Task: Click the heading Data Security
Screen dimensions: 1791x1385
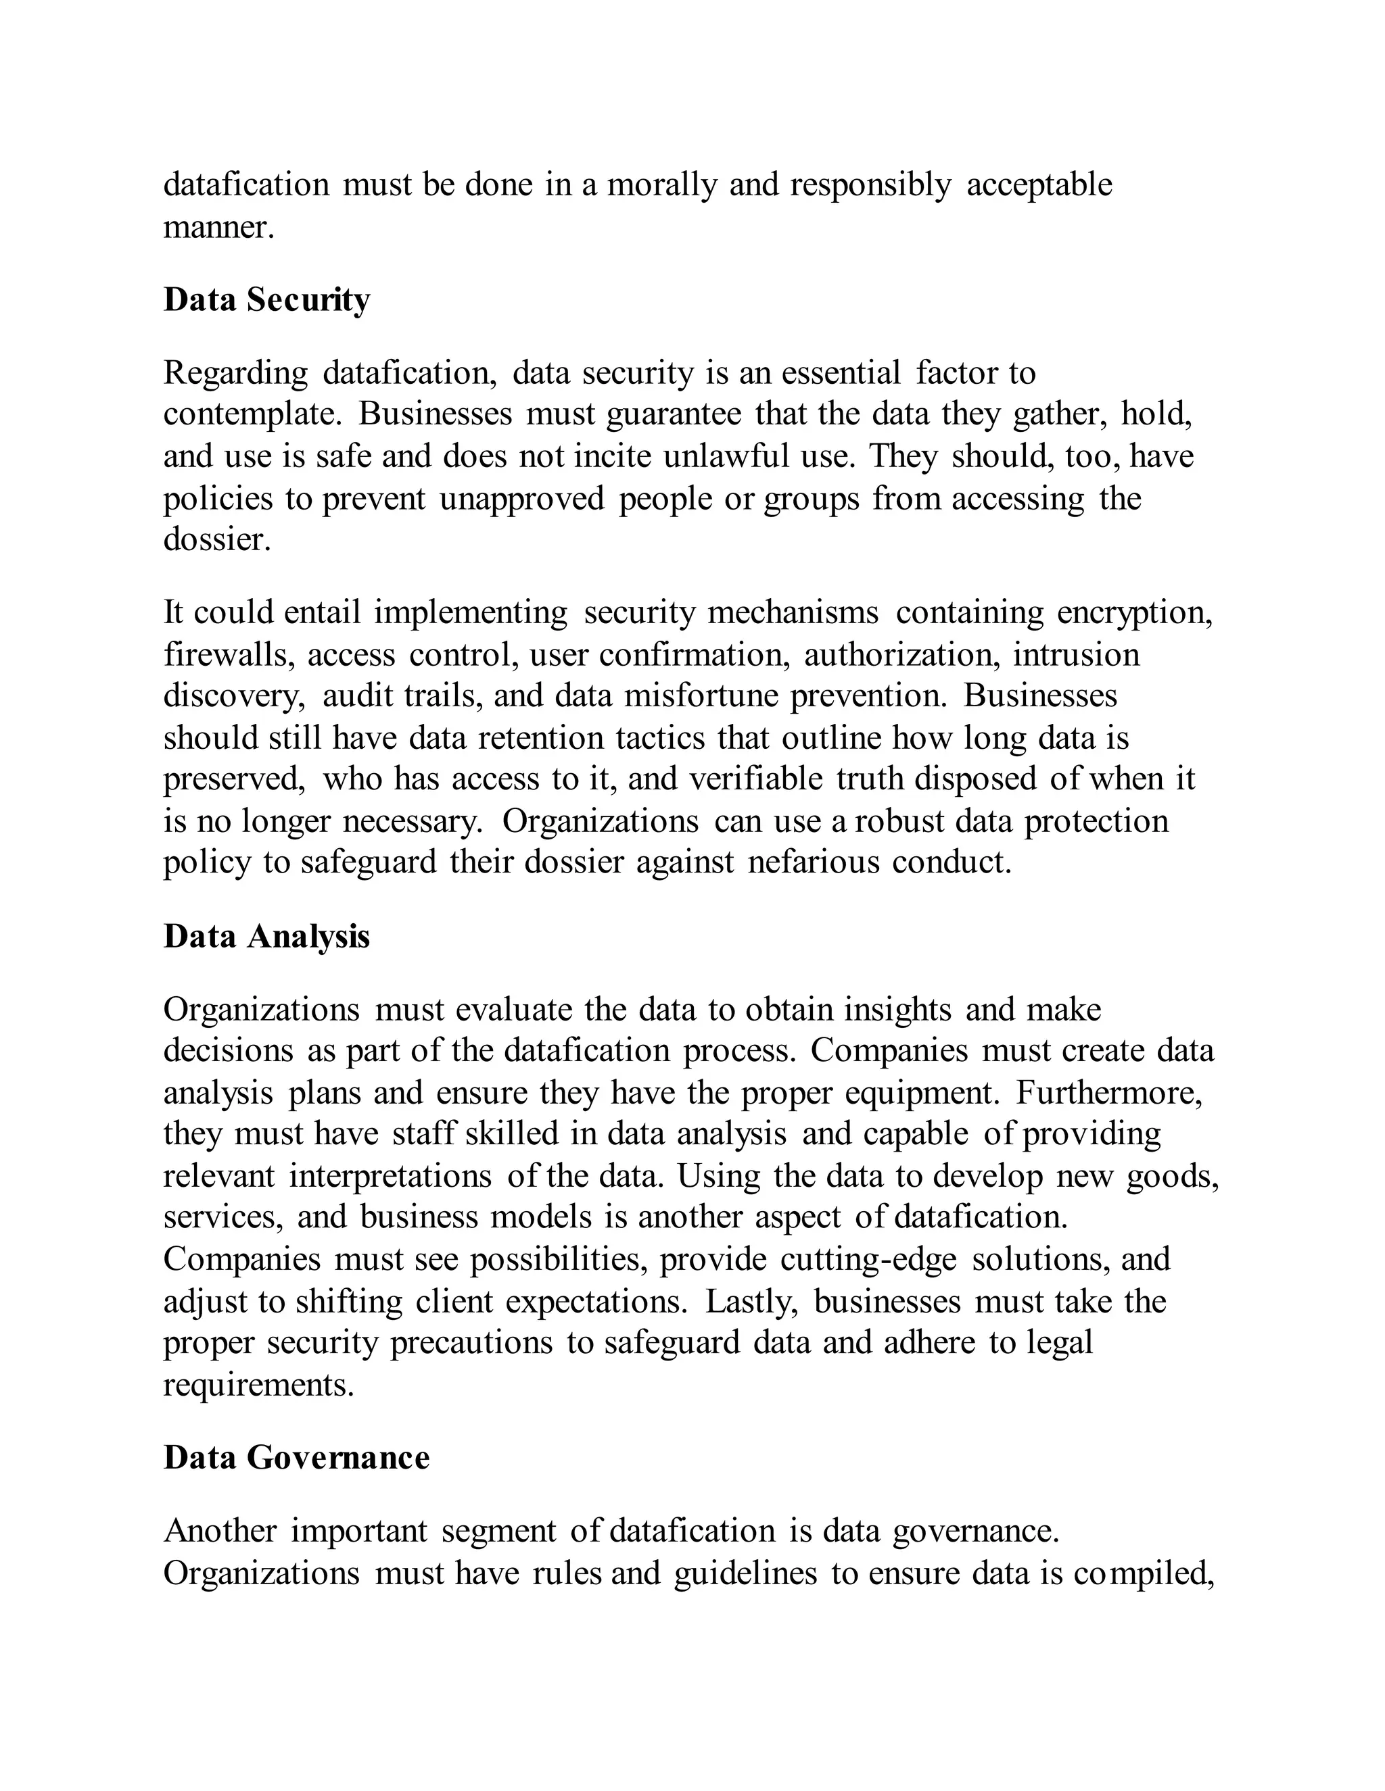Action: tap(266, 300)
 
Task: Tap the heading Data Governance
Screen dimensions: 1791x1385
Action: tap(296, 1457)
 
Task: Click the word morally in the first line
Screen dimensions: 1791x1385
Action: tap(661, 185)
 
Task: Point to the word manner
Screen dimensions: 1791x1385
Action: tap(218, 227)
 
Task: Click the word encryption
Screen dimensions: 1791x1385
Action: tap(1134, 612)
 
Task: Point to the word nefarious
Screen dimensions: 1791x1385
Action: tap(813, 862)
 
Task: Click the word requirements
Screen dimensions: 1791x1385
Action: tap(258, 1384)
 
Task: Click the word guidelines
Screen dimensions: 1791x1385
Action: tap(745, 1573)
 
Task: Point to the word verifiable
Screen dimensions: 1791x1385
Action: tap(755, 778)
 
